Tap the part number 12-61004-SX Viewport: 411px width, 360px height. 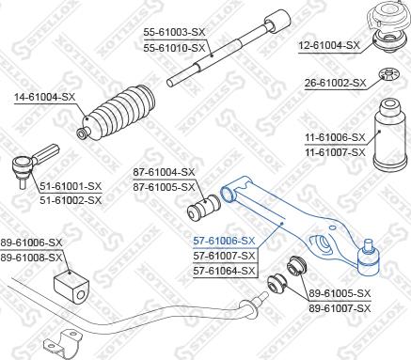328,44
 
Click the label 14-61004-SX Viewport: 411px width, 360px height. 42,96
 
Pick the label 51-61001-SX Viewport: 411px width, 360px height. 69,186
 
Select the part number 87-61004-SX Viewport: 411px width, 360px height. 163,172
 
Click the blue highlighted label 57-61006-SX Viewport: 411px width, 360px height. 224,241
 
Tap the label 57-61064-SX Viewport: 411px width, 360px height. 224,271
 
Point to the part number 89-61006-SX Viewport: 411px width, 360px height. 32,242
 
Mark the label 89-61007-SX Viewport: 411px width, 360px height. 341,307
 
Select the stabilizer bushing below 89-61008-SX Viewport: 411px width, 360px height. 70,282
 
